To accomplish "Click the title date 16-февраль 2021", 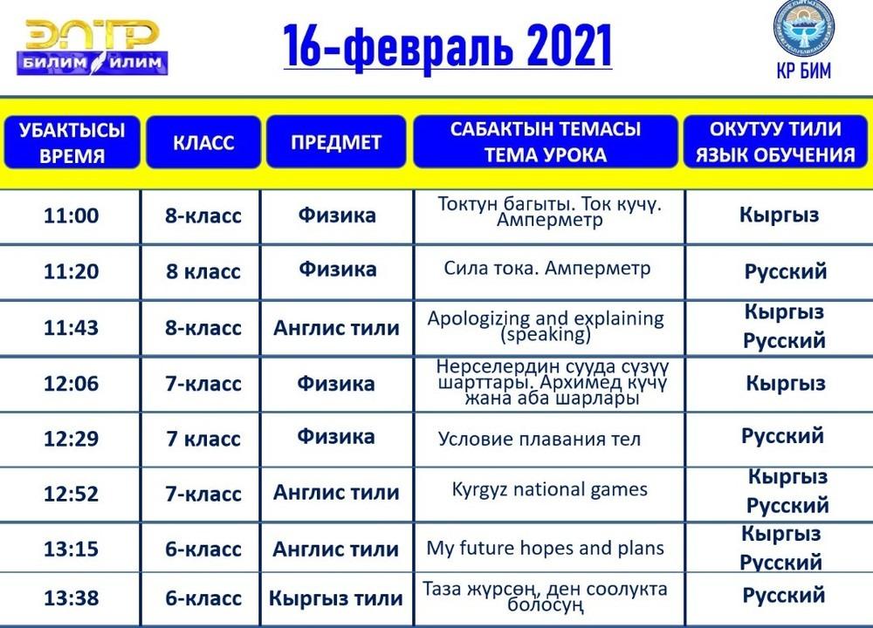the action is click(448, 45).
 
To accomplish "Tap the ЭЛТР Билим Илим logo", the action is click(93, 47).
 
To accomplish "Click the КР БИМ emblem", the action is click(803, 40).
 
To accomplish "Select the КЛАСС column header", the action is click(203, 142).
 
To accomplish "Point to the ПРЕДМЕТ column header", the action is click(336, 142).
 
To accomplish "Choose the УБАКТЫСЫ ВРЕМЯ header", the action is click(72, 142).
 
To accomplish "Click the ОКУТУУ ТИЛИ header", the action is click(775, 141).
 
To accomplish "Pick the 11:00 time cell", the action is click(72, 215).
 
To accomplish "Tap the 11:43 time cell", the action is click(72, 328).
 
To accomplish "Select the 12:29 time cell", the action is click(72, 439).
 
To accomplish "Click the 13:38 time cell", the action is click(72, 598).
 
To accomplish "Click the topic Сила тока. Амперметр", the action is click(546, 269).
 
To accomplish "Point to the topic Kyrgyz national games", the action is click(549, 490).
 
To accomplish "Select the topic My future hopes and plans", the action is click(545, 549).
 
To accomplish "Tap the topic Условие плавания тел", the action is click(539, 440).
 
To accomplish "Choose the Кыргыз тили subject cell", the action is click(336, 598).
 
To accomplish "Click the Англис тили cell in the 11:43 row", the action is click(336, 328).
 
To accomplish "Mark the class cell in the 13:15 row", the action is click(203, 549).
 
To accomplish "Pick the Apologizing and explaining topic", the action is click(546, 326).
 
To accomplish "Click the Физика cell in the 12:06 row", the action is click(336, 383).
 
